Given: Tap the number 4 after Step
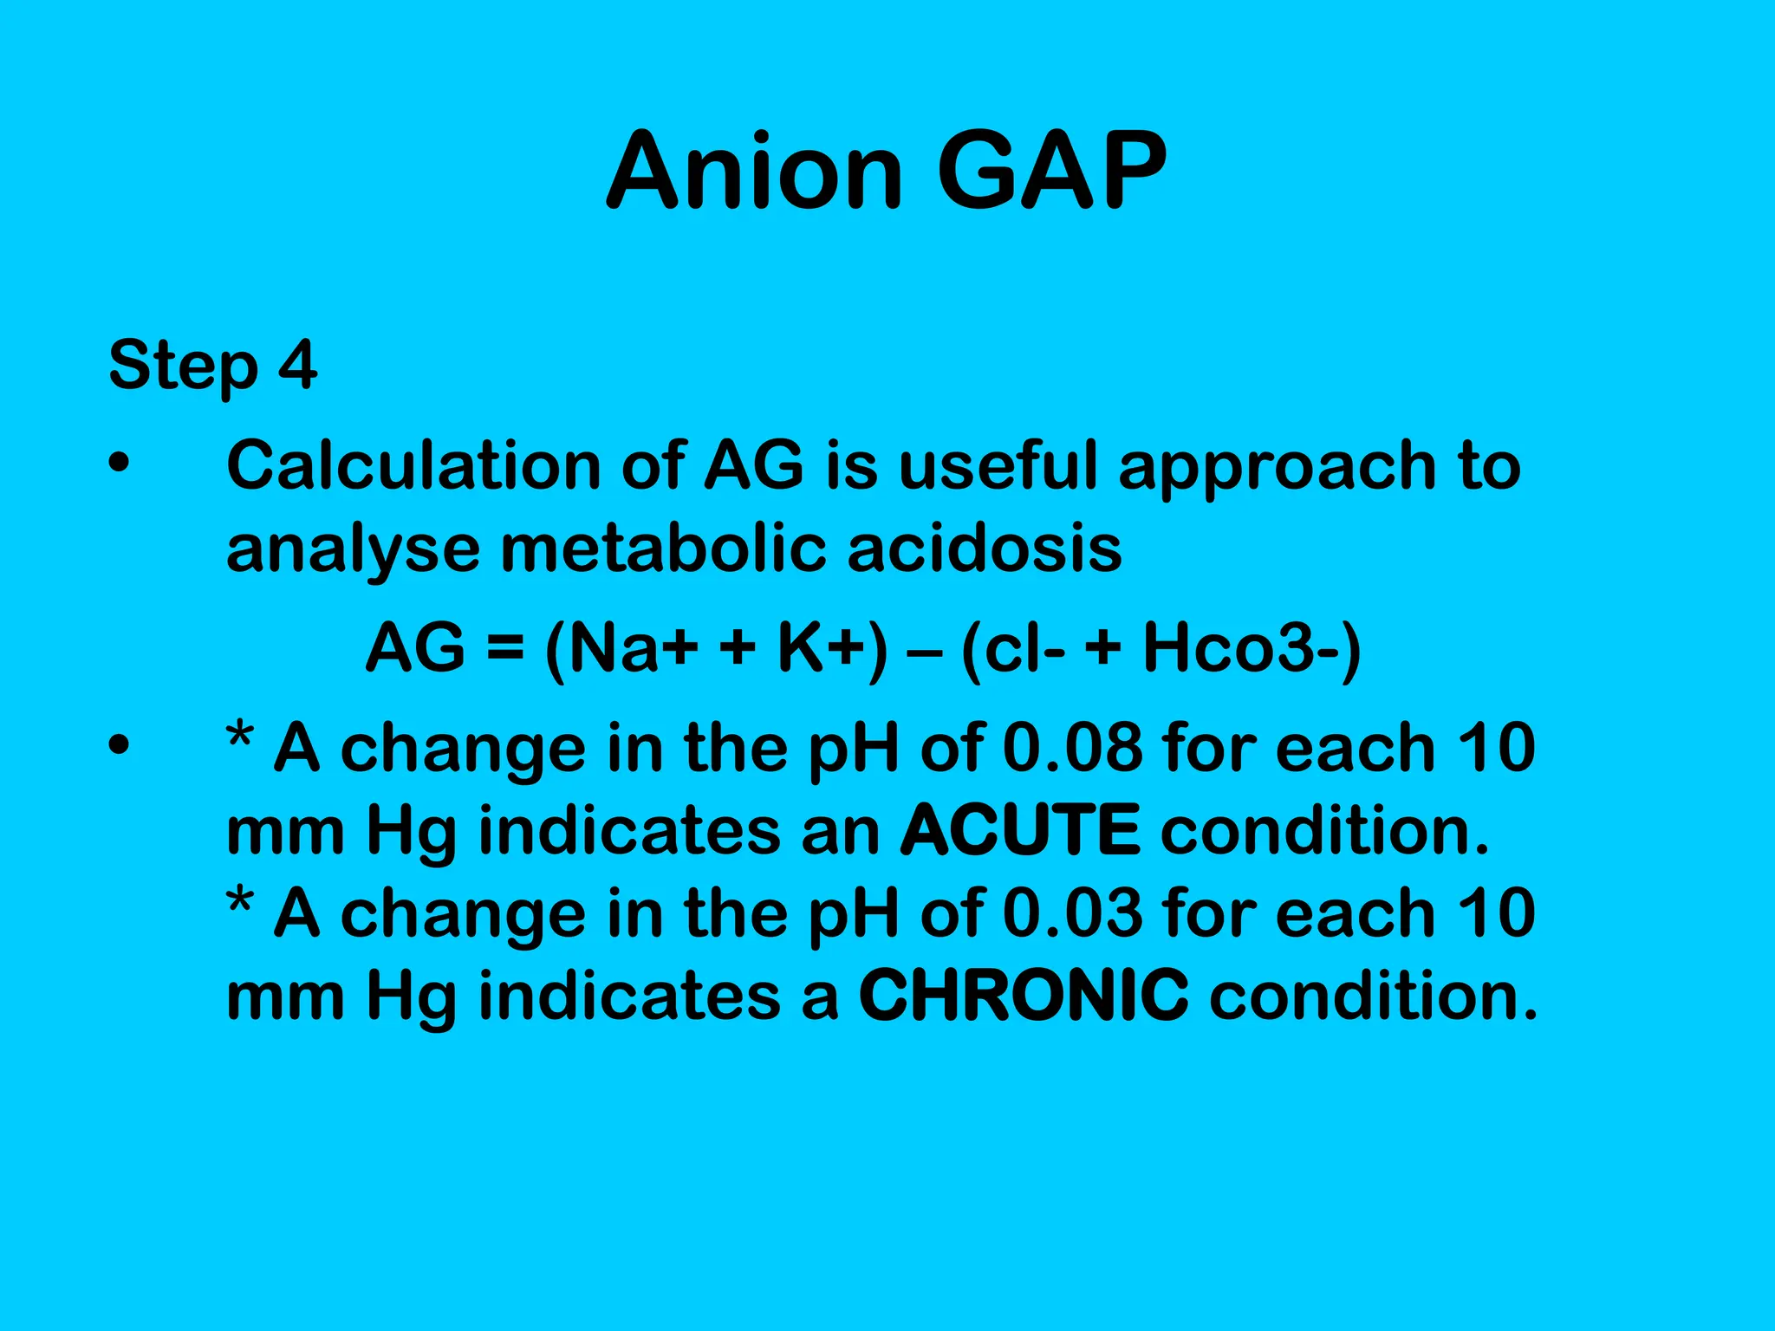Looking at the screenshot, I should pyautogui.click(x=297, y=365).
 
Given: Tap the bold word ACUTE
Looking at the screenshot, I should pyautogui.click(x=1020, y=829).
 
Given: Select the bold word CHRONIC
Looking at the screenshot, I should pyautogui.click(x=1024, y=995).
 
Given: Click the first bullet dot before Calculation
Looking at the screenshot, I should pyautogui.click(x=119, y=465).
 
